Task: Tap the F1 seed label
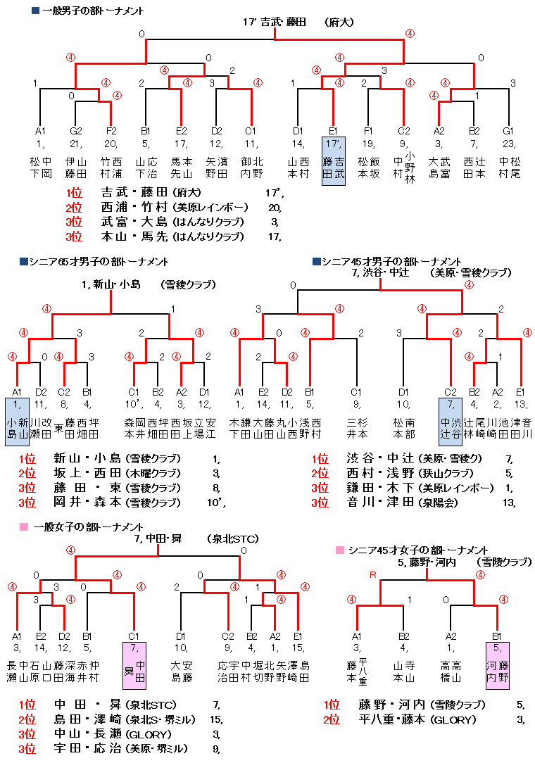[368, 130]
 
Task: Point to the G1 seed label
[508, 130]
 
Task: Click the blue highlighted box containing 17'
[334, 162]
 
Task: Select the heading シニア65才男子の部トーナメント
[99, 262]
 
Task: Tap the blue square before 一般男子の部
[35, 11]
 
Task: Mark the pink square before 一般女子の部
[24, 526]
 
